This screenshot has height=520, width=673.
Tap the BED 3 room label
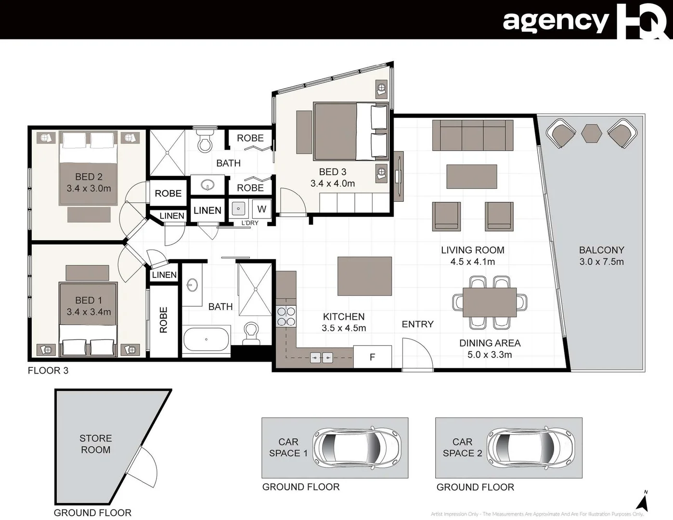click(333, 172)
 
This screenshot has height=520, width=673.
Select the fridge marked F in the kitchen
click(372, 357)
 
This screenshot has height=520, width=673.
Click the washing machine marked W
click(261, 209)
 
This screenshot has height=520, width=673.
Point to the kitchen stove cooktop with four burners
click(286, 316)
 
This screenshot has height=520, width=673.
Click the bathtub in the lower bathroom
click(207, 339)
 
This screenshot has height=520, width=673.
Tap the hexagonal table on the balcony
click(591, 133)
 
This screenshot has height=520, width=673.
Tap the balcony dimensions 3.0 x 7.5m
click(601, 262)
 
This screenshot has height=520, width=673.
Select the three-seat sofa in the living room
click(472, 135)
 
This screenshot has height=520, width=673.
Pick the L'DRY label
click(250, 223)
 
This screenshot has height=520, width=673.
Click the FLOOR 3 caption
click(48, 370)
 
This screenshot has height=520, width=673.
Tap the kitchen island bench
click(364, 276)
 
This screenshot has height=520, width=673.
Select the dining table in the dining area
click(490, 302)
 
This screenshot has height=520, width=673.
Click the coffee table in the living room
click(471, 177)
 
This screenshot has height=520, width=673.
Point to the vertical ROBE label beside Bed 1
click(164, 320)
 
